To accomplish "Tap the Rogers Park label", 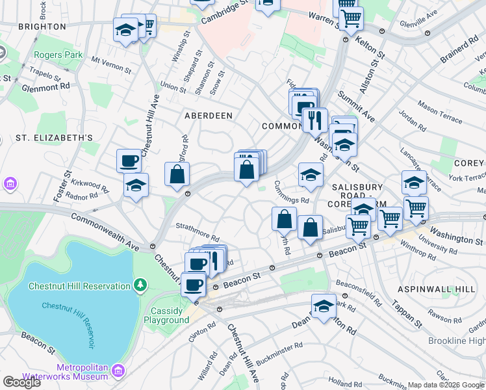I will click(x=58, y=55).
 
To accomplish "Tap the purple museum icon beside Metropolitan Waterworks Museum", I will click(x=118, y=370).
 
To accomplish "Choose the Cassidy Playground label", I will click(x=166, y=315).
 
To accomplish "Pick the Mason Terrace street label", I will click(x=440, y=111).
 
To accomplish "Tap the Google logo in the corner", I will click(x=21, y=382).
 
